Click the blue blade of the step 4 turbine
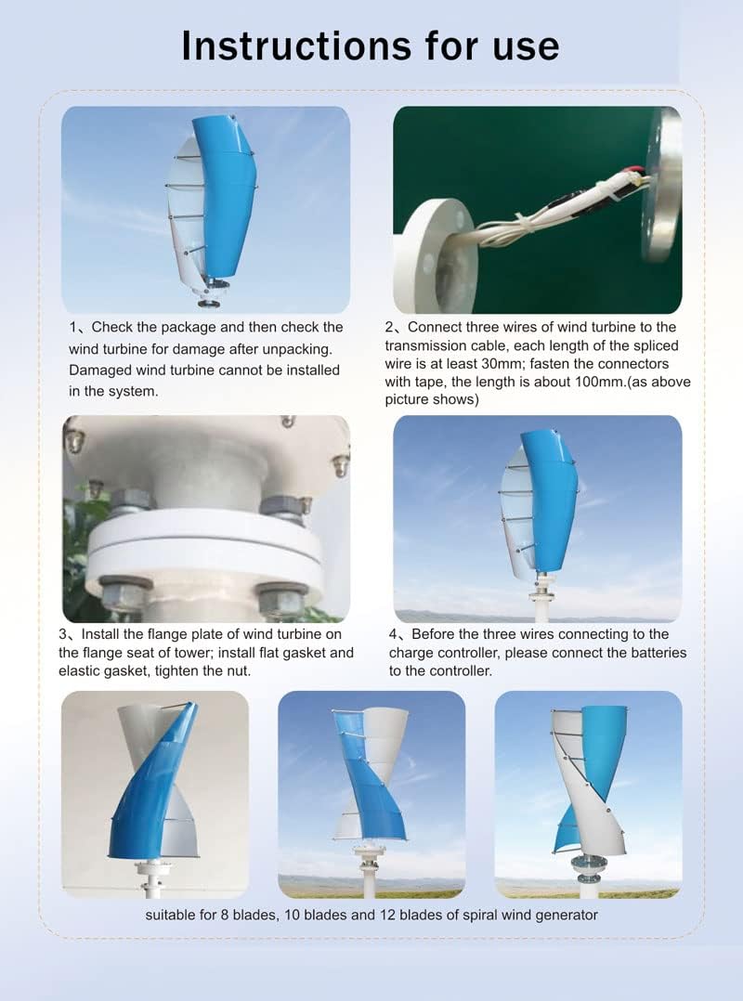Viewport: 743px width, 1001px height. click(x=550, y=501)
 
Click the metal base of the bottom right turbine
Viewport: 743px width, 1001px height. click(x=587, y=868)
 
